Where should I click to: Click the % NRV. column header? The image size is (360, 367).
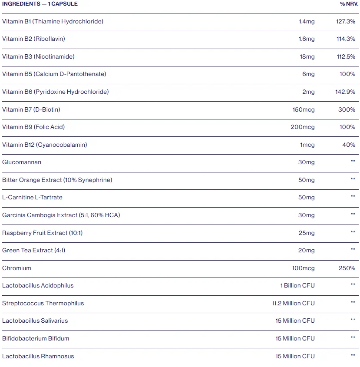tap(349, 4)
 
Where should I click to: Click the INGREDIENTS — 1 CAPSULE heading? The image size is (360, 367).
tap(40, 4)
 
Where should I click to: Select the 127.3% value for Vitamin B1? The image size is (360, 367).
tap(346, 22)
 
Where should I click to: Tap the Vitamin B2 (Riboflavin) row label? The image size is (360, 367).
tap(33, 39)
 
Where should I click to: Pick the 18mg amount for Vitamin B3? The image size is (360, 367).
tap(307, 56)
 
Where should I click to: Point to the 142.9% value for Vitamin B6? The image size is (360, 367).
tap(345, 92)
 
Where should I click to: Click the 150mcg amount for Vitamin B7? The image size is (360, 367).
tap(304, 109)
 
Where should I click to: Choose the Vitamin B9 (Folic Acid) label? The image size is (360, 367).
tap(33, 127)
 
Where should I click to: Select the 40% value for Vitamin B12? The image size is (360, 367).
tap(349, 145)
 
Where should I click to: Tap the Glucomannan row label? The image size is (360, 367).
tap(22, 162)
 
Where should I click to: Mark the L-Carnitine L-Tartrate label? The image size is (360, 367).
tap(32, 198)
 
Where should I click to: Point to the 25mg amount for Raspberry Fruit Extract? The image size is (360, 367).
tap(307, 233)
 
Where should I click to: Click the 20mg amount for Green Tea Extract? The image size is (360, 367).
tap(306, 251)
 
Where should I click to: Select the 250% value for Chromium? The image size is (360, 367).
tap(347, 268)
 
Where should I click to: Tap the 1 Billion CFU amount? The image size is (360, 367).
tap(297, 285)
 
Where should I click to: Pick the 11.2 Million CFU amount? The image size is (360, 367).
tap(293, 303)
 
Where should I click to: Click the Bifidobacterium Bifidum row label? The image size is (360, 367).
tap(36, 338)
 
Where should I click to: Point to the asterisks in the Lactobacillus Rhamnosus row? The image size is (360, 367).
tap(353, 355)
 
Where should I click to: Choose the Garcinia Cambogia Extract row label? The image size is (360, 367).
tap(40, 215)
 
